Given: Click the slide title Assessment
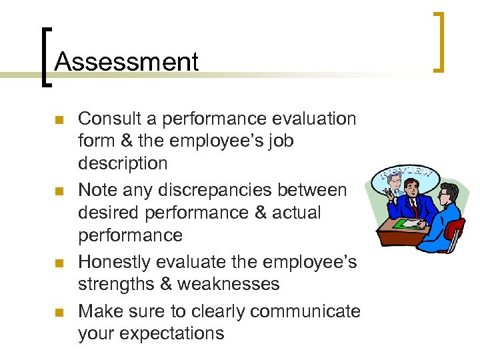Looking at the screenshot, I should coord(127,61).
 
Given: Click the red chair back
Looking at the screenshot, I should coord(456,229).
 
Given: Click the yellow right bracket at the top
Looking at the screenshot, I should coord(439,41).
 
